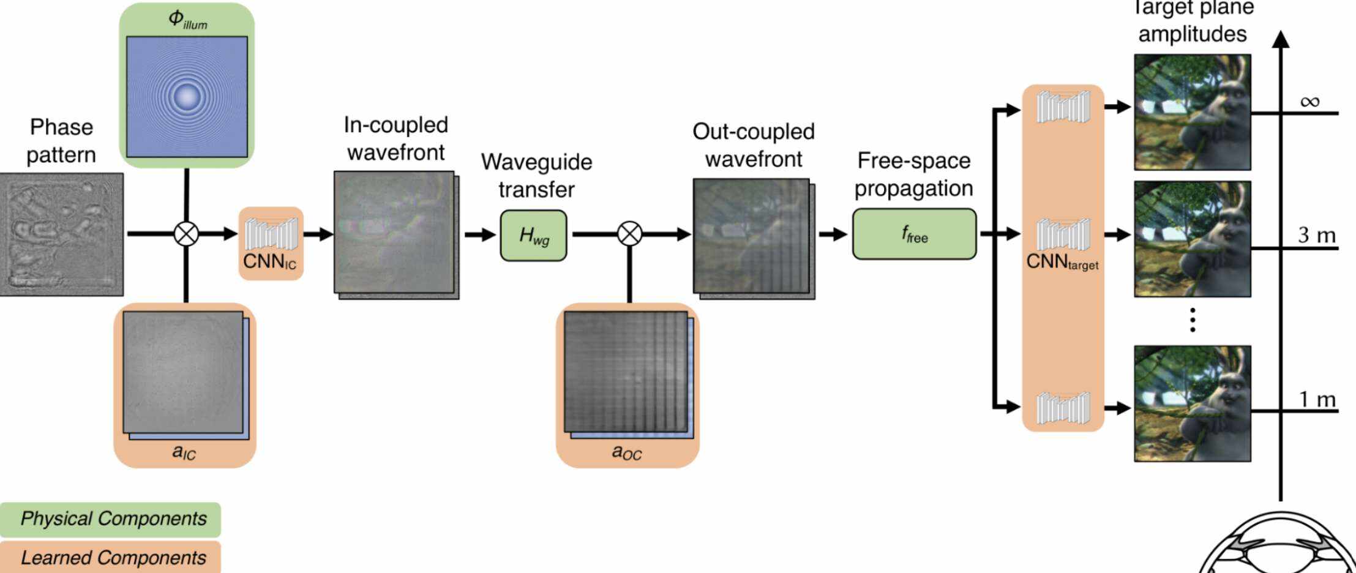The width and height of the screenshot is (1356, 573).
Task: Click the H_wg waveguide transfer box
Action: pos(533,235)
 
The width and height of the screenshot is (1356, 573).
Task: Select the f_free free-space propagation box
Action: pos(914,234)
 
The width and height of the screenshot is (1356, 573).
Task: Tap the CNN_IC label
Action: pos(269,261)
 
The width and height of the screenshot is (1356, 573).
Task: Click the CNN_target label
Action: pos(1062,262)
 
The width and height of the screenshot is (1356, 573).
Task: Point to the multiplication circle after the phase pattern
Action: pos(186,233)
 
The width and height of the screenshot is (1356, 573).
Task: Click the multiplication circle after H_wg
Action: pos(629,233)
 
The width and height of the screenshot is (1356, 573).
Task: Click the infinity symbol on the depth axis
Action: pos(1309,102)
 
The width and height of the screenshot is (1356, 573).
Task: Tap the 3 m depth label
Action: pos(1317,235)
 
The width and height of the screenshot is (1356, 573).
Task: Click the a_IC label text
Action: pos(184,452)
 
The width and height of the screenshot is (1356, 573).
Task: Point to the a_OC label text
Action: pos(627,452)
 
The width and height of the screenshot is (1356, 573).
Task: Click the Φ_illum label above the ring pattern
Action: pos(187,19)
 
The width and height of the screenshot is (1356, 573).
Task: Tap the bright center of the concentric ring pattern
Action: pos(187,96)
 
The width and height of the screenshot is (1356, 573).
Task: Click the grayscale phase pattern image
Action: pos(61,234)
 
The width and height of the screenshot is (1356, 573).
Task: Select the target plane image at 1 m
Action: pos(1192,403)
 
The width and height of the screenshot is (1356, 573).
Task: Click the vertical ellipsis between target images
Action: pos(1193,320)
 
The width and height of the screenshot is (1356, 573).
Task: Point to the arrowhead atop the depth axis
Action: pos(1280,39)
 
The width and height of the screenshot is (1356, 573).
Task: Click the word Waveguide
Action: pos(536,162)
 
